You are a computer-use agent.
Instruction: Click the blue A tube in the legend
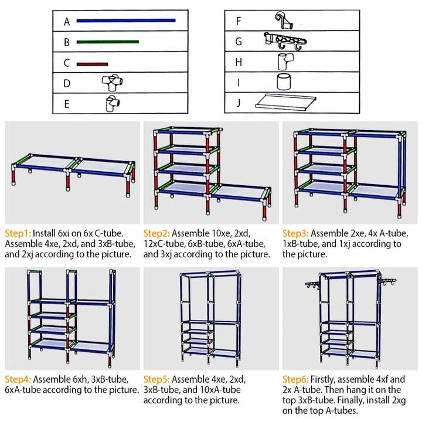tap(125, 21)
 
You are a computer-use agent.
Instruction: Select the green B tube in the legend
tap(107, 42)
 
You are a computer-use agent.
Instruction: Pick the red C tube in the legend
tap(92, 63)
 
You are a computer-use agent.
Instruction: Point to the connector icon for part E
tap(111, 104)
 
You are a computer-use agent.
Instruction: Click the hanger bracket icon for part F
tap(284, 22)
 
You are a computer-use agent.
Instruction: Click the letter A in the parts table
tap(67, 22)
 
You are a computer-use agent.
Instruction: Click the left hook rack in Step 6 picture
tap(314, 285)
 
